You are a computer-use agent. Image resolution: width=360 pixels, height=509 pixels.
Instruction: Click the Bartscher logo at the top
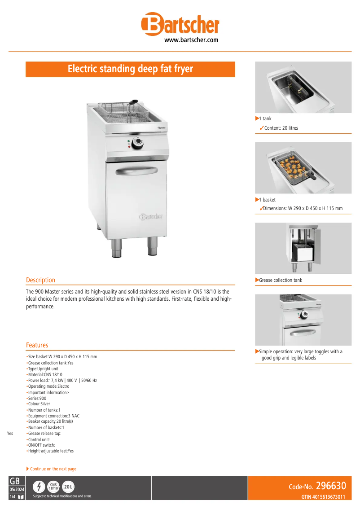pos(180,24)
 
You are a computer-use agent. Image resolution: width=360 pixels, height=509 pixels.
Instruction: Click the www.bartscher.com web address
pos(191,40)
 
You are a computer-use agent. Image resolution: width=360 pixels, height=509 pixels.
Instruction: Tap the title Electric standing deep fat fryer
pos(130,69)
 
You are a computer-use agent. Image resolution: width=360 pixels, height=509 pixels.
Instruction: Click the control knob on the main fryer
pos(138,144)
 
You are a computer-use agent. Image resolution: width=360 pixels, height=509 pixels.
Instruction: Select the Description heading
pos(40,280)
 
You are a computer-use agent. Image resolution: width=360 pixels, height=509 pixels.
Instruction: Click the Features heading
pos(37,345)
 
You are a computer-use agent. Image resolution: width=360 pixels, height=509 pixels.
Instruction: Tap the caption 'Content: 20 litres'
pos(281,128)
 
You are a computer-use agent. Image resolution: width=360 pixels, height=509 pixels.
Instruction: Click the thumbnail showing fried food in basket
pos(303,168)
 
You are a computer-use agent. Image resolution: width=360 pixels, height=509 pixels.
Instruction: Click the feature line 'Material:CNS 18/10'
pos(45,374)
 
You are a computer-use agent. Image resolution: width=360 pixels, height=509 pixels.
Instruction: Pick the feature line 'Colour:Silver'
pos(39,404)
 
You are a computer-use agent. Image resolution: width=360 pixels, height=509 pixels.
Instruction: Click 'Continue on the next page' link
pos(53,469)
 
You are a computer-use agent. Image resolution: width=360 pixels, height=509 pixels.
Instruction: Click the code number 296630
pos(330,486)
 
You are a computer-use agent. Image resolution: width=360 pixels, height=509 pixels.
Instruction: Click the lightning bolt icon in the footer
pos(40,487)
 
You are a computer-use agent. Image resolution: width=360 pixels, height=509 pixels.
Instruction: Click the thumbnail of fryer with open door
pos(303,248)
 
